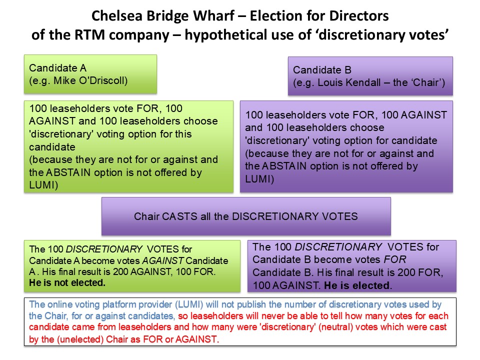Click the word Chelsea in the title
pyautogui.click(x=116, y=16)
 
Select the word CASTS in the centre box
pyautogui.click(x=179, y=216)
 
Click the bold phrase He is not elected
pyautogui.click(x=67, y=283)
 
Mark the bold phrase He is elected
pyautogui.click(x=357, y=285)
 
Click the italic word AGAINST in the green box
pyautogui.click(x=163, y=260)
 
